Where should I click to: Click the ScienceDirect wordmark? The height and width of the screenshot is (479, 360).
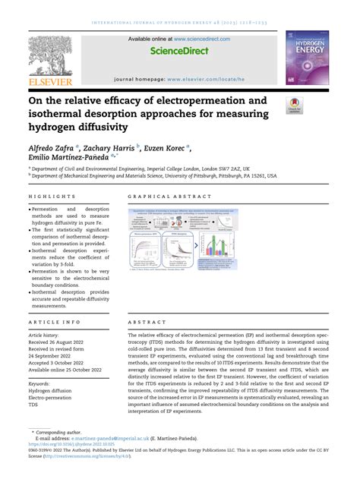[x=179, y=51]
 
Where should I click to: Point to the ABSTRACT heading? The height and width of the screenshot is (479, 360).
[x=147, y=321]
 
